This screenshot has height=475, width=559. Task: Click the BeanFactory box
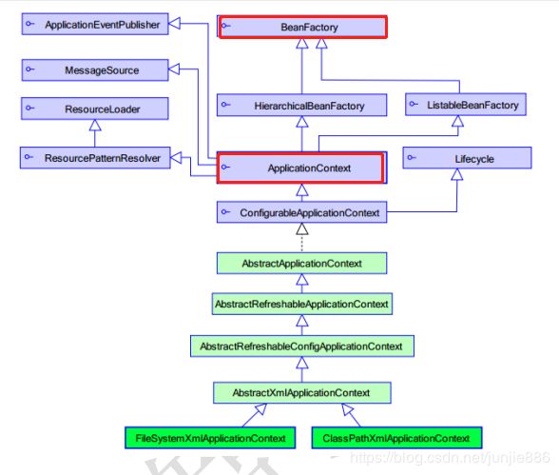302,27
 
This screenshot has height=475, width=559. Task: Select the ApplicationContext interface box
301,168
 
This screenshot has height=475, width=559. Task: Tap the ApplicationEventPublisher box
95,24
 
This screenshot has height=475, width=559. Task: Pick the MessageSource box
95,69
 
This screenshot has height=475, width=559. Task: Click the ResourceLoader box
95,109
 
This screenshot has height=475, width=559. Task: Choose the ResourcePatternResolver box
95,158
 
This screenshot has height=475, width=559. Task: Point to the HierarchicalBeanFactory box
301,106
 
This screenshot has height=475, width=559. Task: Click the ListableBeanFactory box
466,105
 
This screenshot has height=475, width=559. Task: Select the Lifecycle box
467,158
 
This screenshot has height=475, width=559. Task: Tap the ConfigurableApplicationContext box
301,212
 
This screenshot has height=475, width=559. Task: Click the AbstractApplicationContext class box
301,264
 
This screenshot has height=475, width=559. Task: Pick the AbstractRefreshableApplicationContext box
302,304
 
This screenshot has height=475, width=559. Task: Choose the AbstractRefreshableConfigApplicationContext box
302,346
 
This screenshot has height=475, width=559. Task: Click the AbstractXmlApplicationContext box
302,393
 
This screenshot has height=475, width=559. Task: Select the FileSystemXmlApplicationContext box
210,438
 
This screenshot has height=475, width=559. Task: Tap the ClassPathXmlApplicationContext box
396,438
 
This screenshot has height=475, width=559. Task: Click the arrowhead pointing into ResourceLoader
95,125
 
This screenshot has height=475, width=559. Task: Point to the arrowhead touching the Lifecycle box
457,174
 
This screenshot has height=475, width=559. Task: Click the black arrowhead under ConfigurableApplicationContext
302,228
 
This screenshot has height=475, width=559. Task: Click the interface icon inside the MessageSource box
30,69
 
